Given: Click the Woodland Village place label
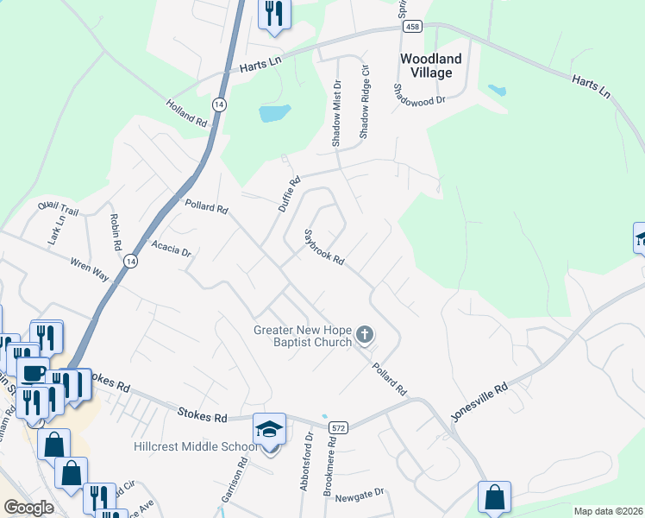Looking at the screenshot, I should (431, 66).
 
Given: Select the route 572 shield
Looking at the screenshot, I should (338, 427).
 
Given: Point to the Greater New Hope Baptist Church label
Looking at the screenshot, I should (303, 336).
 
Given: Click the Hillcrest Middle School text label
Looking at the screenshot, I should (195, 446).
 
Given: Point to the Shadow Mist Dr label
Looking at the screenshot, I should (337, 113).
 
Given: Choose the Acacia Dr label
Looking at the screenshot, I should (171, 250).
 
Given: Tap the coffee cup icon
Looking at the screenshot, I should (33, 373).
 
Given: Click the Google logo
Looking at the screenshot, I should (29, 508).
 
